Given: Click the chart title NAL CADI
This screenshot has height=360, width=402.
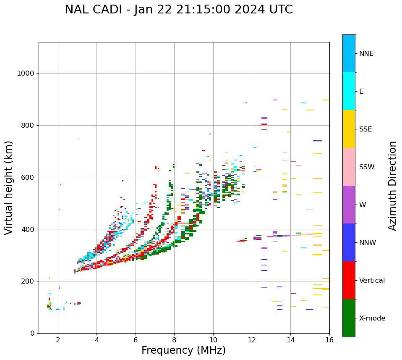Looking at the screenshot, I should pyautogui.click(x=179, y=10).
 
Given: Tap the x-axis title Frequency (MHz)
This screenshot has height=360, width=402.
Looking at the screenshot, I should pyautogui.click(x=183, y=350).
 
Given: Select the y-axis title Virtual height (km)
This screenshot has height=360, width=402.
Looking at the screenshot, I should pyautogui.click(x=9, y=188).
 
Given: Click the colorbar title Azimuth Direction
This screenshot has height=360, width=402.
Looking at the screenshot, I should pyautogui.click(x=392, y=186).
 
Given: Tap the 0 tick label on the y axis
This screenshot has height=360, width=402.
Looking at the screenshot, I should pyautogui.click(x=32, y=334).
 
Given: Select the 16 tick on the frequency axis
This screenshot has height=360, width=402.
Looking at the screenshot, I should pyautogui.click(x=329, y=340).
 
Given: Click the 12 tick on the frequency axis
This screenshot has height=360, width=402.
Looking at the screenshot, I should pyautogui.click(x=252, y=340).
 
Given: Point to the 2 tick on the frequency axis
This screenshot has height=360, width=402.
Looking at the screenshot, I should pyautogui.click(x=58, y=340).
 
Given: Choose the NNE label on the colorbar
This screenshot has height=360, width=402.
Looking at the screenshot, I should pyautogui.click(x=366, y=54).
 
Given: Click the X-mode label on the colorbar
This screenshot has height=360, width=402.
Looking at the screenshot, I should pyautogui.click(x=372, y=318).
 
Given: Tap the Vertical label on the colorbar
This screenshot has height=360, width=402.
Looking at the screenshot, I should pyautogui.click(x=372, y=281).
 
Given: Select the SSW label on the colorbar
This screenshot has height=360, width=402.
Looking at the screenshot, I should pyautogui.click(x=367, y=167).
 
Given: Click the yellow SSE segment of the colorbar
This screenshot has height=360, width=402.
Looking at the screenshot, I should pyautogui.click(x=349, y=129).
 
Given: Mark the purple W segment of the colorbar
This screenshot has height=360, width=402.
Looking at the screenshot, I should pyautogui.click(x=349, y=205).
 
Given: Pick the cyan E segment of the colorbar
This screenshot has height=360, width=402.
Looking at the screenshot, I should pyautogui.click(x=349, y=91).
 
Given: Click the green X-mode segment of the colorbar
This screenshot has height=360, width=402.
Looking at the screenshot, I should pyautogui.click(x=349, y=318).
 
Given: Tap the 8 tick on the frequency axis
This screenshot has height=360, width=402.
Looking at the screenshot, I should pyautogui.click(x=174, y=340).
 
